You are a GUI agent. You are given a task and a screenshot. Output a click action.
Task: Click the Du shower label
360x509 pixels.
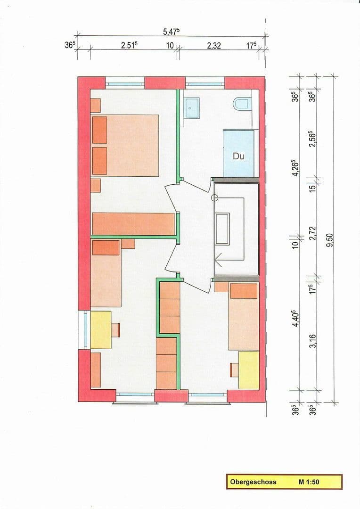pos(238,156)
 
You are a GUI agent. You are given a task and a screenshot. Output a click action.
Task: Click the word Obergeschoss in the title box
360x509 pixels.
pos(253,482)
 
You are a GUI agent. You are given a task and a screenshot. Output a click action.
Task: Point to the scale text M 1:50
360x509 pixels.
pos(309,482)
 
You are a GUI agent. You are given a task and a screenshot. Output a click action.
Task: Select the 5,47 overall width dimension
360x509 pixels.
pos(171,32)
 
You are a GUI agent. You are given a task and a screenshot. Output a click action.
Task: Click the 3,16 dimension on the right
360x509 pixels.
pos(312,340)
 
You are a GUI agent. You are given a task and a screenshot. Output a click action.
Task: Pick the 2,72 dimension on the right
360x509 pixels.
pos(312,234)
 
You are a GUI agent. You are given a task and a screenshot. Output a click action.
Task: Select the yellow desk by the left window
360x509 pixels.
pos(100,329)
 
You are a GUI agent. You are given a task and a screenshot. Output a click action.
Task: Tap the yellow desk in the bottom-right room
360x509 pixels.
pos(249,370)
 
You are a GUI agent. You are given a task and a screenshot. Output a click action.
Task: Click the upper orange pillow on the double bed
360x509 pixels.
pos(99,129)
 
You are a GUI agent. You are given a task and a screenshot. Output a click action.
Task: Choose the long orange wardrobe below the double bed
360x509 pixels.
pos(134,223)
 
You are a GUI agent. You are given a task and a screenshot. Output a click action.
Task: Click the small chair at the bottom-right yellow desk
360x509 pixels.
pos(233,370)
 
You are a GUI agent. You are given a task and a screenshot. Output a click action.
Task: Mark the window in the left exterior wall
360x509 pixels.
pos(84,329)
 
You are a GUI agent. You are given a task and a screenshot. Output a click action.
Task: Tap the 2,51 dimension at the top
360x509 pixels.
pos(129,46)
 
